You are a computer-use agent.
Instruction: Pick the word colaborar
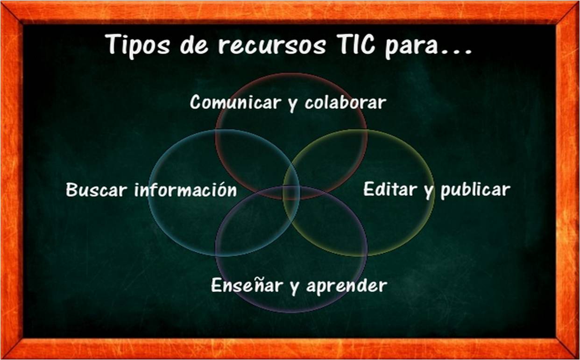pyautogui.click(x=345, y=102)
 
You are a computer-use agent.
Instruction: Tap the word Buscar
pyautogui.click(x=97, y=190)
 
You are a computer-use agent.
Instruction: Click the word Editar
pyautogui.click(x=390, y=189)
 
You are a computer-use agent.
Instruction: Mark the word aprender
pyautogui.click(x=347, y=286)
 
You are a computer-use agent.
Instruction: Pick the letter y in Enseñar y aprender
pyautogui.click(x=294, y=287)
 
